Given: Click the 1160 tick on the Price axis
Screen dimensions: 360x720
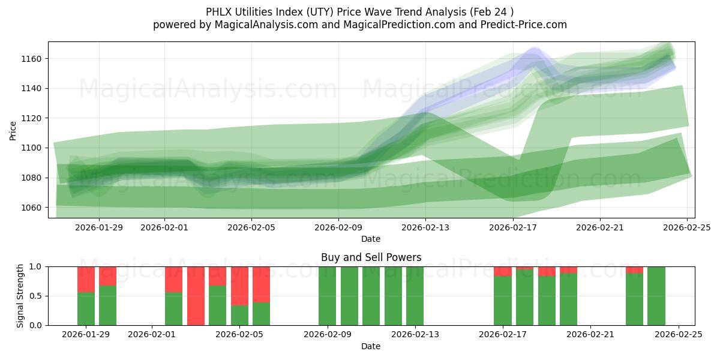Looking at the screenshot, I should (34, 59).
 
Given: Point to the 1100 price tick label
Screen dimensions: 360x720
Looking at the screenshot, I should (34, 148).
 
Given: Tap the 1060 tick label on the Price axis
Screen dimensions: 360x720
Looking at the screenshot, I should (34, 208).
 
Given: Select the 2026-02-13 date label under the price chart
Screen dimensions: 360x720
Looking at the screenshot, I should (425, 227).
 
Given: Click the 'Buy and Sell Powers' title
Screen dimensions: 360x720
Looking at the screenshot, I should (371, 257).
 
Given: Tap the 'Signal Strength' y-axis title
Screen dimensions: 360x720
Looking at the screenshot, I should (20, 296).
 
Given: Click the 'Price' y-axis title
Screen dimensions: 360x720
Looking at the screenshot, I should (13, 130).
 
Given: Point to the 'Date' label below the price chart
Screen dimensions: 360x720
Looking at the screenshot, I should (371, 239).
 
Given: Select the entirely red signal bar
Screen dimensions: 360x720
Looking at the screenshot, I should (196, 296).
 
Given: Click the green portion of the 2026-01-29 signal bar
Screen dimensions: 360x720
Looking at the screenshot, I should (86, 309).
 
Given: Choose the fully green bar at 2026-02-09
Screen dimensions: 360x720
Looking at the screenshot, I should (327, 296).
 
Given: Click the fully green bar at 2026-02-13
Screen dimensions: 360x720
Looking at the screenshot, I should (415, 296).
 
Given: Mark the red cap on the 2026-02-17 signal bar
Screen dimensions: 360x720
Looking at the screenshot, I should (503, 271).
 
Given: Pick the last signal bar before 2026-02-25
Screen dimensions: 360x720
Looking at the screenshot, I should (656, 296).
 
